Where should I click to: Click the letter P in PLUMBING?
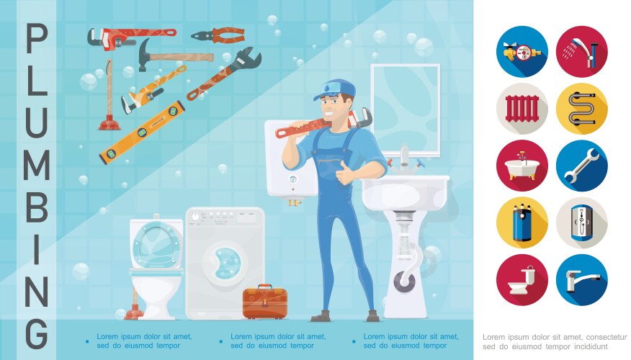coord(36,38)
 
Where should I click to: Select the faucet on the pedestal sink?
coord(406,160)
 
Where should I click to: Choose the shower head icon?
coord(581,50)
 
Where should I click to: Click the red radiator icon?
coord(522,108)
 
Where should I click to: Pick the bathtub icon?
coord(522,166)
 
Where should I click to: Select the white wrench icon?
coord(581,166)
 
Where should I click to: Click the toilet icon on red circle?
coord(522,280)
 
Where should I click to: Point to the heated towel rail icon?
coord(581,108)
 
